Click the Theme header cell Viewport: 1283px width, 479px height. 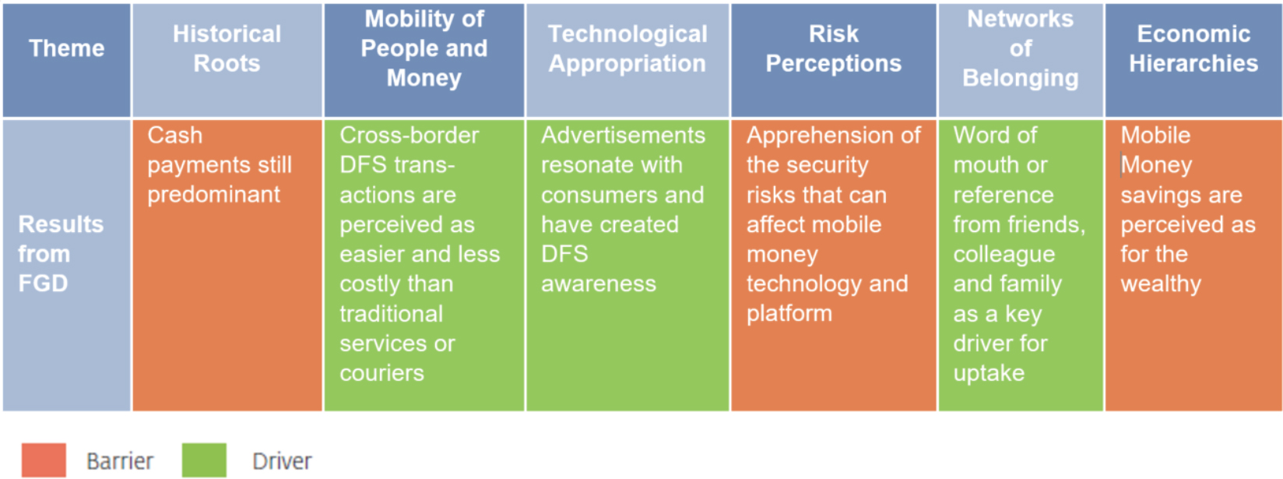(66, 60)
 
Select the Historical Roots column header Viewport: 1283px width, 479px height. (227, 60)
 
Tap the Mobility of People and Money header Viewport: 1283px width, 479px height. (424, 60)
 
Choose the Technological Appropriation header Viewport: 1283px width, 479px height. (627, 60)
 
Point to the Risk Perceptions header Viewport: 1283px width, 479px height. (834, 60)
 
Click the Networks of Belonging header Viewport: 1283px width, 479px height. (1021, 60)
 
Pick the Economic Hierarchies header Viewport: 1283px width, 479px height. (1193, 60)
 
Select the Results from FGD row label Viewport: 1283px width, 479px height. (66, 266)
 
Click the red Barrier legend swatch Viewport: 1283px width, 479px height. (44, 460)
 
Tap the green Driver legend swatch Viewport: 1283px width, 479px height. (205, 460)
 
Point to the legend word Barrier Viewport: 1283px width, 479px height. (120, 461)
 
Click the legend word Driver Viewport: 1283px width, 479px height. (283, 461)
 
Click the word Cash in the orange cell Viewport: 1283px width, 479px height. (175, 136)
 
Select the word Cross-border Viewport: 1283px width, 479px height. (409, 136)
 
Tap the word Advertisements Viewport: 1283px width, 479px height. (623, 136)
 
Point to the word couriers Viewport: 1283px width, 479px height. (382, 374)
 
